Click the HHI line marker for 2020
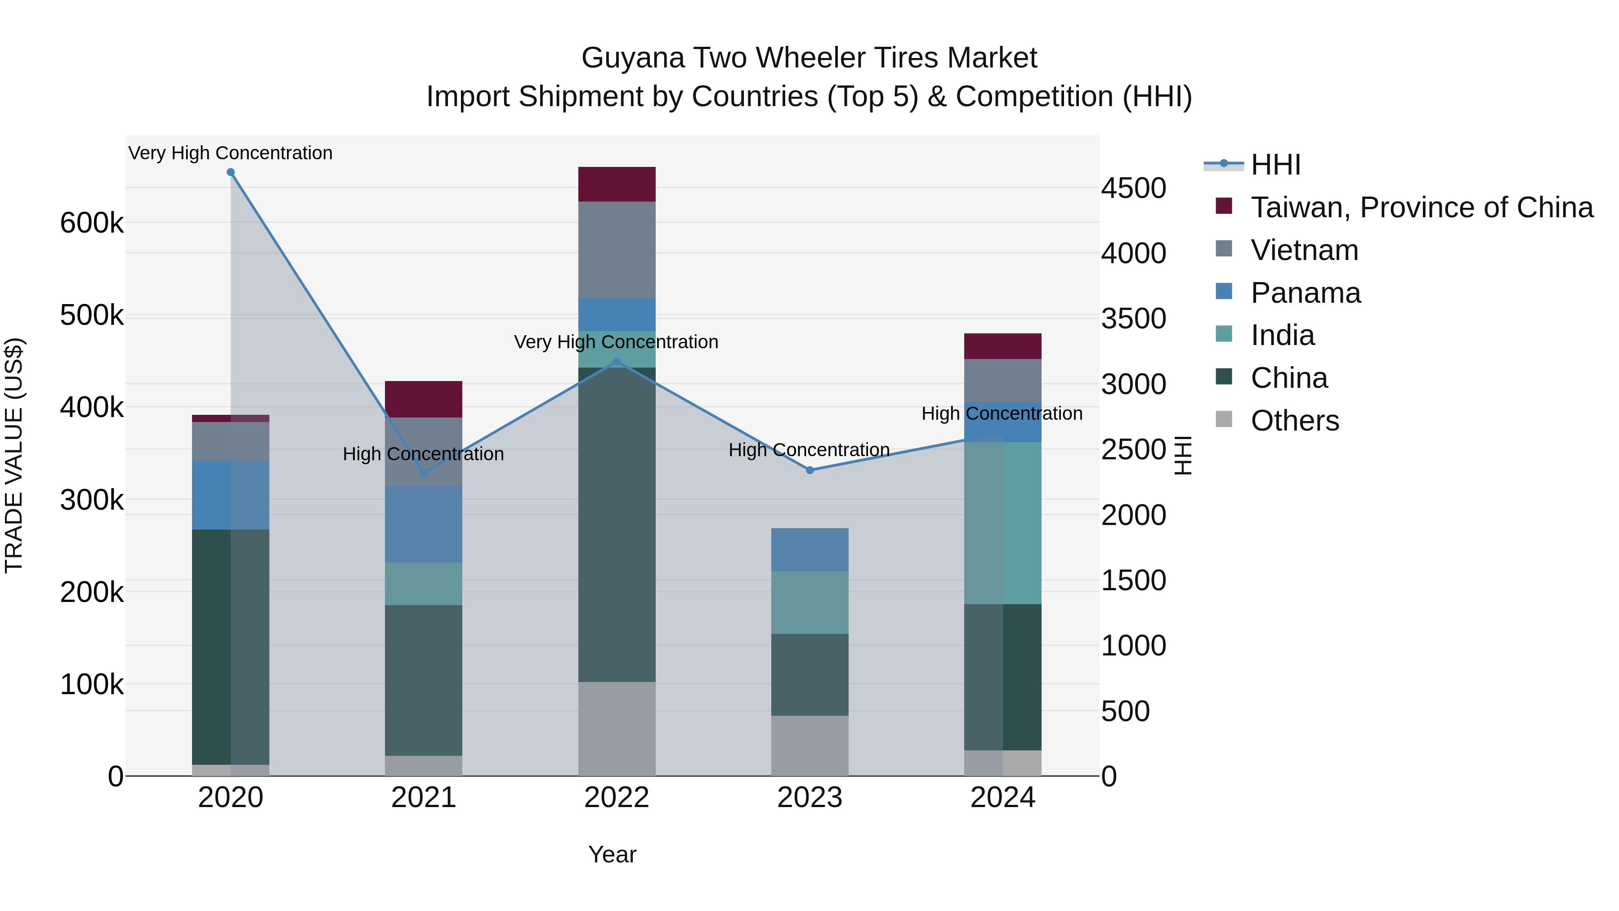[x=231, y=172]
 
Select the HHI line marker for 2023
[x=809, y=470]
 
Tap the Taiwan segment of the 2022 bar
[x=617, y=184]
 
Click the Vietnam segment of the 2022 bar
[x=617, y=250]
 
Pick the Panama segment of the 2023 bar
[x=809, y=549]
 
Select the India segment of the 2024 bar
[x=1002, y=523]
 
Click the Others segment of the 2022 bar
[x=617, y=729]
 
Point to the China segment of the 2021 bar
[x=423, y=680]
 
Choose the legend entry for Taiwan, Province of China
[x=1421, y=207]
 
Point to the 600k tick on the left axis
[x=92, y=223]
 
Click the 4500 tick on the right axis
[x=1134, y=188]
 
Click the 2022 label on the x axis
[x=617, y=798]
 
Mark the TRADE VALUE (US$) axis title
[x=14, y=455]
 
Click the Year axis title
[x=612, y=854]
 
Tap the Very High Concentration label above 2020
[x=231, y=153]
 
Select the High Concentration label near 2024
[x=1002, y=414]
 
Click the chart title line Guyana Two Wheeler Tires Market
[x=809, y=58]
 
